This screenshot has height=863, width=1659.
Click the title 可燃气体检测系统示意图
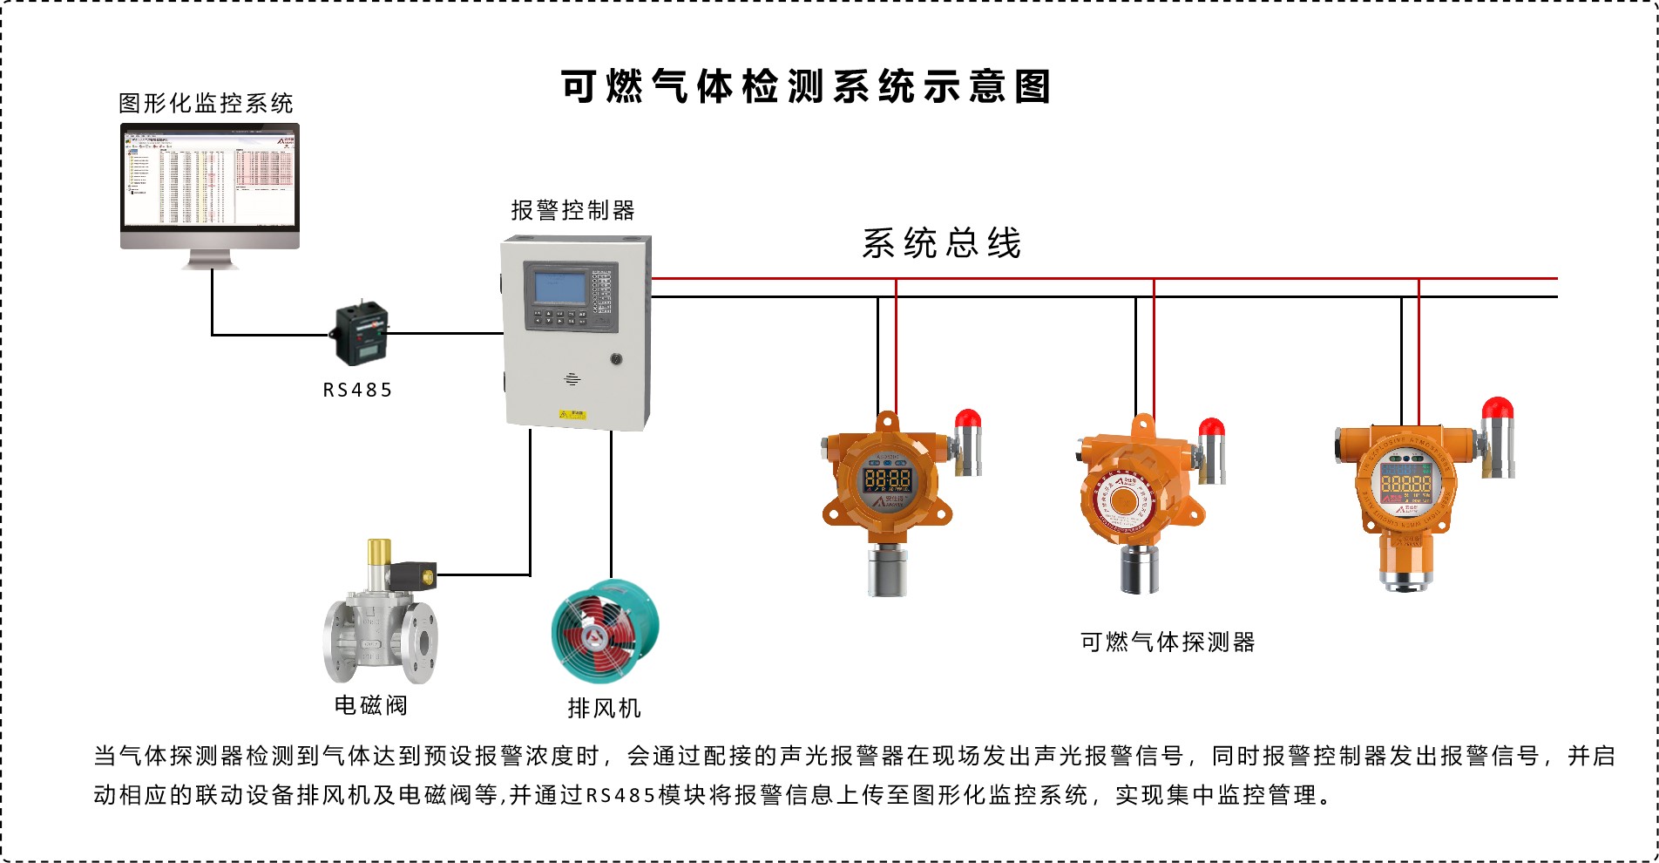tap(806, 87)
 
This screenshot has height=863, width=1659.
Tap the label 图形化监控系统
tap(207, 104)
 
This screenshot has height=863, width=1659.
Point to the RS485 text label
tap(357, 391)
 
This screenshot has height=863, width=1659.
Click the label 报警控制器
tap(572, 211)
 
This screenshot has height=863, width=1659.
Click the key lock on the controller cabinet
tap(616, 358)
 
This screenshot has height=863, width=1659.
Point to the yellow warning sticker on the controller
tap(572, 415)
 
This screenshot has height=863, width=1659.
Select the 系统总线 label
tap(941, 243)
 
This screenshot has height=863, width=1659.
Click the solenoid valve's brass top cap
tap(379, 552)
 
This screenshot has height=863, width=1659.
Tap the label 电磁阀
tap(371, 704)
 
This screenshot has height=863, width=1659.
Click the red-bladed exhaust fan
tap(605, 632)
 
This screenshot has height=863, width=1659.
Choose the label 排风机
tap(604, 708)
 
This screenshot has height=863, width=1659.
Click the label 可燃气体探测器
tap(1168, 642)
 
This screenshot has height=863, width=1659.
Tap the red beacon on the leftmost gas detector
tap(968, 420)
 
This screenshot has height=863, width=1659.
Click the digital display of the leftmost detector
tap(887, 479)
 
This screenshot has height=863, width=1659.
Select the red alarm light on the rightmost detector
tap(1498, 408)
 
